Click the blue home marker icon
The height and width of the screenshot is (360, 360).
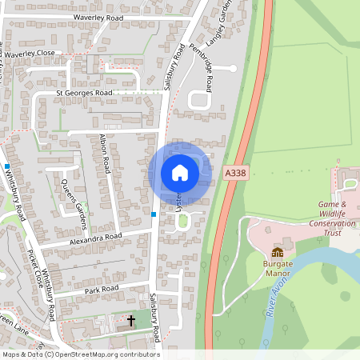180,173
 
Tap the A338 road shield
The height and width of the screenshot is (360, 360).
234,173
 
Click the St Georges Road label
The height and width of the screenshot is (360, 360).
84,93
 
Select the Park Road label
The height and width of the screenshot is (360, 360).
102,289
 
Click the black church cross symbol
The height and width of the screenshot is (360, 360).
131,321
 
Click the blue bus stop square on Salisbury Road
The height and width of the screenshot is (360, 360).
154,214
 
